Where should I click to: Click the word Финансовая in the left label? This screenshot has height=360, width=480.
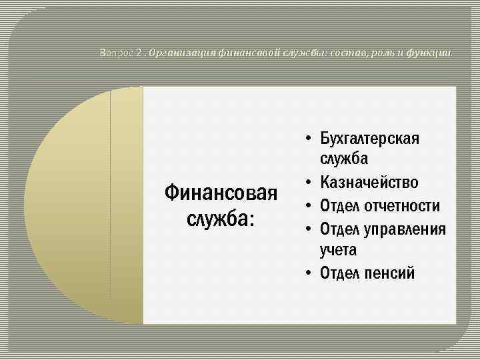point(220,195)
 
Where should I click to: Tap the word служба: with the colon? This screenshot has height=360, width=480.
point(221,218)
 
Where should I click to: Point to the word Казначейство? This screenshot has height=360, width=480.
point(369,183)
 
